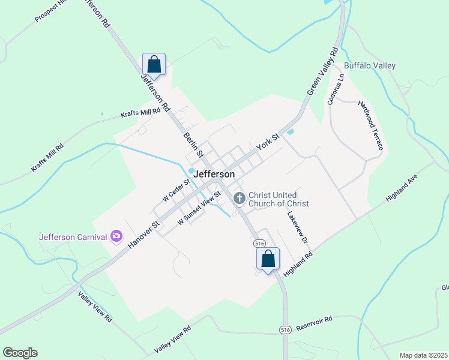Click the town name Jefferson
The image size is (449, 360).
pyautogui.click(x=215, y=173)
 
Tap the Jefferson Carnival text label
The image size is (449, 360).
pyautogui.click(x=73, y=236)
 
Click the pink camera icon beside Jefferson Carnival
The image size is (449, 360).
pyautogui.click(x=116, y=236)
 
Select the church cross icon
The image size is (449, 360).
pyautogui.click(x=238, y=198)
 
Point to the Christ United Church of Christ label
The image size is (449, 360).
pyautogui.click(x=279, y=199)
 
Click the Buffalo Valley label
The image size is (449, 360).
pyautogui.click(x=370, y=65)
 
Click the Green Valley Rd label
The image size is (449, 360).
pyautogui.click(x=323, y=71)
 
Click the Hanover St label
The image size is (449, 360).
pyautogui.click(x=142, y=234)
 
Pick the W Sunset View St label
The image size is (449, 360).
pyautogui.click(x=199, y=209)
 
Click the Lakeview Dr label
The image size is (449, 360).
pyautogui.click(x=297, y=227)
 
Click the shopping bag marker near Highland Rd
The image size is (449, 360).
pyautogui.click(x=268, y=259)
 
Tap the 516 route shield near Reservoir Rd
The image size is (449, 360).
pyautogui.click(x=285, y=330)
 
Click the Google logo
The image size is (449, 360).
pyautogui.click(x=20, y=353)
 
